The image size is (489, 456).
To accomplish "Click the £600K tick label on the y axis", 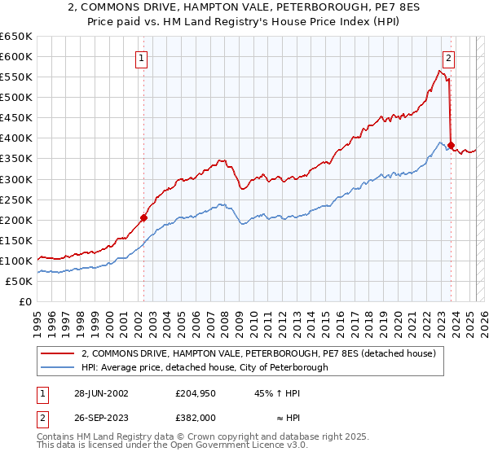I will (x=15, y=56).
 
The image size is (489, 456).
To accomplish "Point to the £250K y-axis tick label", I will (x=15, y=199).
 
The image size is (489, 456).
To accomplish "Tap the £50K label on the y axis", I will (x=18, y=281).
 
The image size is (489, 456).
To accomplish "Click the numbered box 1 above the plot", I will (x=142, y=58).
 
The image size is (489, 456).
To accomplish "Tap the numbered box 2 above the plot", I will (x=449, y=58).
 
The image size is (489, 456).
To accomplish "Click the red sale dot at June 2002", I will (x=143, y=217).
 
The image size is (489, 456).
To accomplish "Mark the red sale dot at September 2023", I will (x=452, y=145).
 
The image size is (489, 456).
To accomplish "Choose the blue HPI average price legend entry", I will (x=204, y=367).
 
